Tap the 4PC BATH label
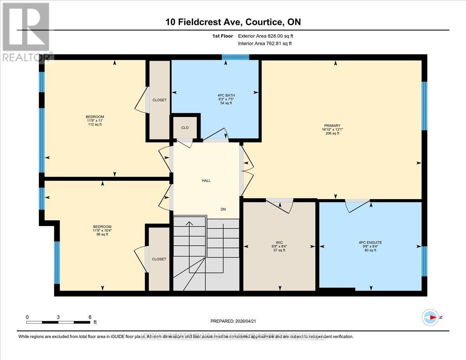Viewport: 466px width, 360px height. [226, 95]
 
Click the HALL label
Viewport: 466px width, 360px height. [206, 181]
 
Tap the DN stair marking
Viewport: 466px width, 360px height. [223, 209]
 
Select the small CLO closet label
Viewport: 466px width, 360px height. [185, 127]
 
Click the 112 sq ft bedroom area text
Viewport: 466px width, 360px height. [95, 125]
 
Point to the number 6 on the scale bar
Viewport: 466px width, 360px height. [90, 317]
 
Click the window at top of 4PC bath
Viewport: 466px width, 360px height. [235, 57]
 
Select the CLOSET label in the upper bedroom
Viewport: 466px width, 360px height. [159, 100]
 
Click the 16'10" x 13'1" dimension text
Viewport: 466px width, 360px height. [332, 129]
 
